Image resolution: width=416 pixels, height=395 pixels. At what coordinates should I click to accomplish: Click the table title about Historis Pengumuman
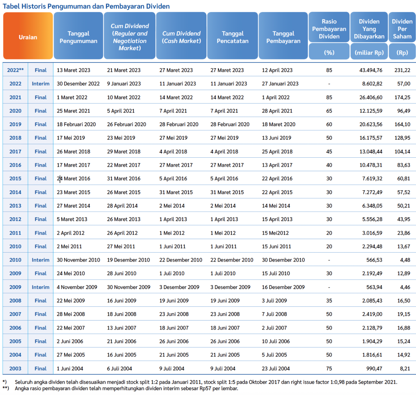[86, 6]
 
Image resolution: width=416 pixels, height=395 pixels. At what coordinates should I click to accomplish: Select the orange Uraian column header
[28, 37]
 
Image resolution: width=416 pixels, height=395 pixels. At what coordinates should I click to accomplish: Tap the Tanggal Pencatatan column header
[233, 37]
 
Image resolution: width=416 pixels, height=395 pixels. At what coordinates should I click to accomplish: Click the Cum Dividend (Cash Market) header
[181, 37]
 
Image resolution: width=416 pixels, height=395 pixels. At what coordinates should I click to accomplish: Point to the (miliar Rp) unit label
[369, 53]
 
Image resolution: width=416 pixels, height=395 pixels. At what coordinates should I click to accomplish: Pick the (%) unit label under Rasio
[329, 53]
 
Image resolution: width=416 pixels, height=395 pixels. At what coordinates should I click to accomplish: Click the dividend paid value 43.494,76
[371, 70]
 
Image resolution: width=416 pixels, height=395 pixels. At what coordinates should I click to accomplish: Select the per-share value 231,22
[402, 70]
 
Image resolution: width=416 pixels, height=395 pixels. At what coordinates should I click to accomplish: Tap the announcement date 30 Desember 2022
[78, 84]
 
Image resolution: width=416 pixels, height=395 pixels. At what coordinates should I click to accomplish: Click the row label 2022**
[15, 70]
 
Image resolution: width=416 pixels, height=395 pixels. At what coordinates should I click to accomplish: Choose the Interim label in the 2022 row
[41, 84]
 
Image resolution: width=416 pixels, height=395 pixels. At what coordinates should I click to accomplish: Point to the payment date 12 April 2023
[277, 70]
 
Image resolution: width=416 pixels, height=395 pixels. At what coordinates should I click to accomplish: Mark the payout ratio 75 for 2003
[329, 369]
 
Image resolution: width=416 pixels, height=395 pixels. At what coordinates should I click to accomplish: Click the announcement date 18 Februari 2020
[76, 124]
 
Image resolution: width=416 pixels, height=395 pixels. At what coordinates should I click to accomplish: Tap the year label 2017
[15, 151]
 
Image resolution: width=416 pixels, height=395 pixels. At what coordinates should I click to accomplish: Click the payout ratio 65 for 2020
[329, 111]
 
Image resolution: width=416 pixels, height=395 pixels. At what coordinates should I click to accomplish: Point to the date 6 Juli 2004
[119, 369]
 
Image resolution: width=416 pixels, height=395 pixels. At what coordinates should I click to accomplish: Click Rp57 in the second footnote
[205, 388]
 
